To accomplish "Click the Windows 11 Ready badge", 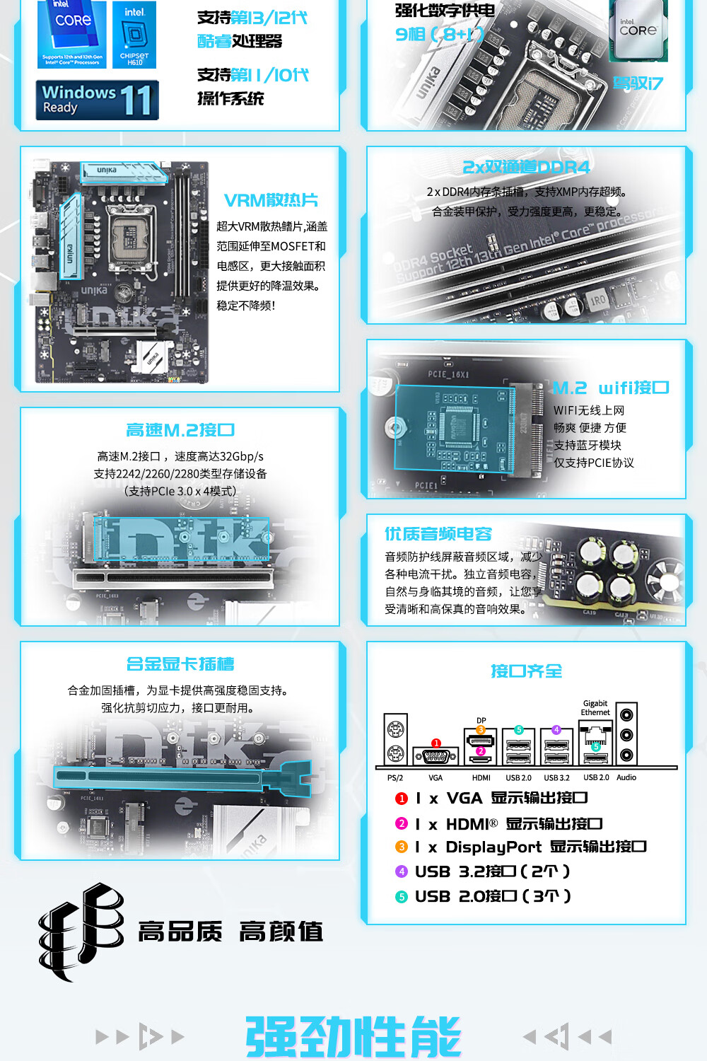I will click(97, 100).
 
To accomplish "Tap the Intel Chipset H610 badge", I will click(134, 35).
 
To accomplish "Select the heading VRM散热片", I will click(271, 200).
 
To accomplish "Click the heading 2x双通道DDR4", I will click(526, 167).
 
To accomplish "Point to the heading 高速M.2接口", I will click(180, 430).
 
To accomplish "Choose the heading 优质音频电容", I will click(438, 534).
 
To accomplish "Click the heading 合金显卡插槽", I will click(180, 664).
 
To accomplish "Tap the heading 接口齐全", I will click(527, 671).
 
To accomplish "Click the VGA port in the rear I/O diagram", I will click(436, 756).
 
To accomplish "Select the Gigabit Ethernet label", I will click(595, 708).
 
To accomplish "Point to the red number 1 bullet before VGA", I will click(402, 799).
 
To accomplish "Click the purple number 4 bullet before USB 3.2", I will click(402, 871).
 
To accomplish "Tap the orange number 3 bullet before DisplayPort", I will click(402, 847).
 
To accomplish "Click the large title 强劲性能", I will click(353, 1037).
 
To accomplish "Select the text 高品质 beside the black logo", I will click(180, 932).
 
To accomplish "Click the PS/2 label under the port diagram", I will click(395, 778).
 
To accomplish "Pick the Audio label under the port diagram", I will click(626, 778).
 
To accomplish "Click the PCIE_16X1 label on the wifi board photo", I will click(448, 374).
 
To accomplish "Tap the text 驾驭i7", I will click(638, 83).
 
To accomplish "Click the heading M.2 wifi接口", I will click(610, 388).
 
